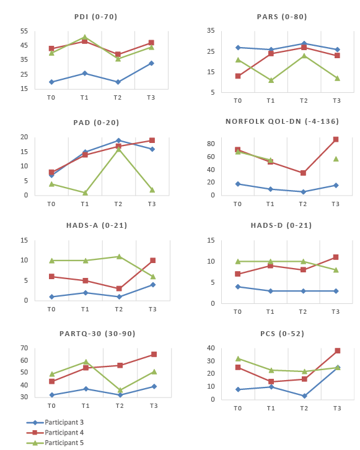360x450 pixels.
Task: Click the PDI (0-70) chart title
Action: (95, 17)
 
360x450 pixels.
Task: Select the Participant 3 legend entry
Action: (55, 422)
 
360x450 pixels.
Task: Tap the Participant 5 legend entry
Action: (55, 443)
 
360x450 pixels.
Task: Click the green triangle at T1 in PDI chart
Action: (84, 37)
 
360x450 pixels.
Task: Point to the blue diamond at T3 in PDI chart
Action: (151, 63)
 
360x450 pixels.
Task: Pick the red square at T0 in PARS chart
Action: (238, 76)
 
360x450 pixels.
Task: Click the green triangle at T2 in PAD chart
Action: (118, 149)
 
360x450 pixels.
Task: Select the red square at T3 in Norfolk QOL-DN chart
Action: (336, 139)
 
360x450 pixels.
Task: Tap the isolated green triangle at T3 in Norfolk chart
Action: (336, 158)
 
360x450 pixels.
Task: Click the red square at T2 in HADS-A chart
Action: (119, 288)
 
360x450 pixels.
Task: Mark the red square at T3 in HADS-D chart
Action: (336, 257)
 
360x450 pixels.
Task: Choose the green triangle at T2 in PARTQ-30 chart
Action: (120, 390)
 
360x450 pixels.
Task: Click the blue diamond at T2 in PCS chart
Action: (304, 396)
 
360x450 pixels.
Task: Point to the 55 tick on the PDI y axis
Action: (24, 31)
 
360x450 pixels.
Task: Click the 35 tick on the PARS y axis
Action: (211, 30)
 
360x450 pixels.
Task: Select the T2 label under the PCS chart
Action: (304, 408)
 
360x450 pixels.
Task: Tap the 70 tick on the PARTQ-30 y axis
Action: (24, 348)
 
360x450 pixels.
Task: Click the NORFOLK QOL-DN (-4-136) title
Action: (282, 121)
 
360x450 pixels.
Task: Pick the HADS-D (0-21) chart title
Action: (281, 225)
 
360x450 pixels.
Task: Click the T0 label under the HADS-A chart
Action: (51, 309)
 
